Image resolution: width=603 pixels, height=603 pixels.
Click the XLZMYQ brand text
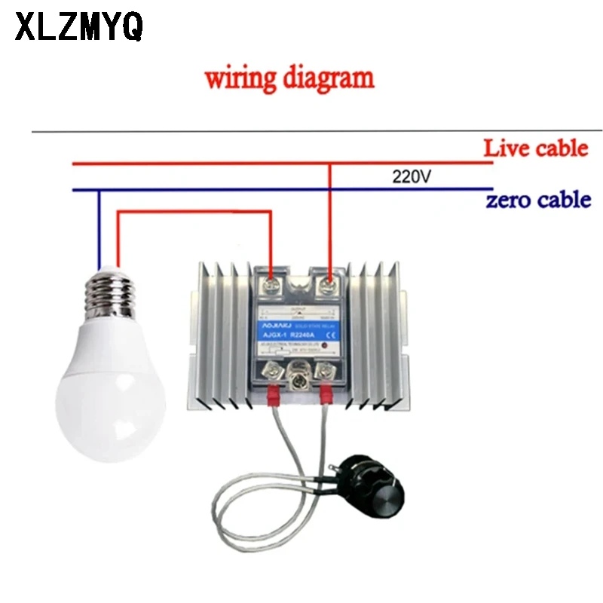coord(78,29)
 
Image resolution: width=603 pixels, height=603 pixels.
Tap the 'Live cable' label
coord(535,148)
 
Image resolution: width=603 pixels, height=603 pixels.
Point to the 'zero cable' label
coord(537,200)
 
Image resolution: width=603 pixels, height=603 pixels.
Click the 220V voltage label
coord(412,178)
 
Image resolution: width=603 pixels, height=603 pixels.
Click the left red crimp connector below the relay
coord(273,393)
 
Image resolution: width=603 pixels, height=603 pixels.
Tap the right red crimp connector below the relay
coord(326,393)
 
